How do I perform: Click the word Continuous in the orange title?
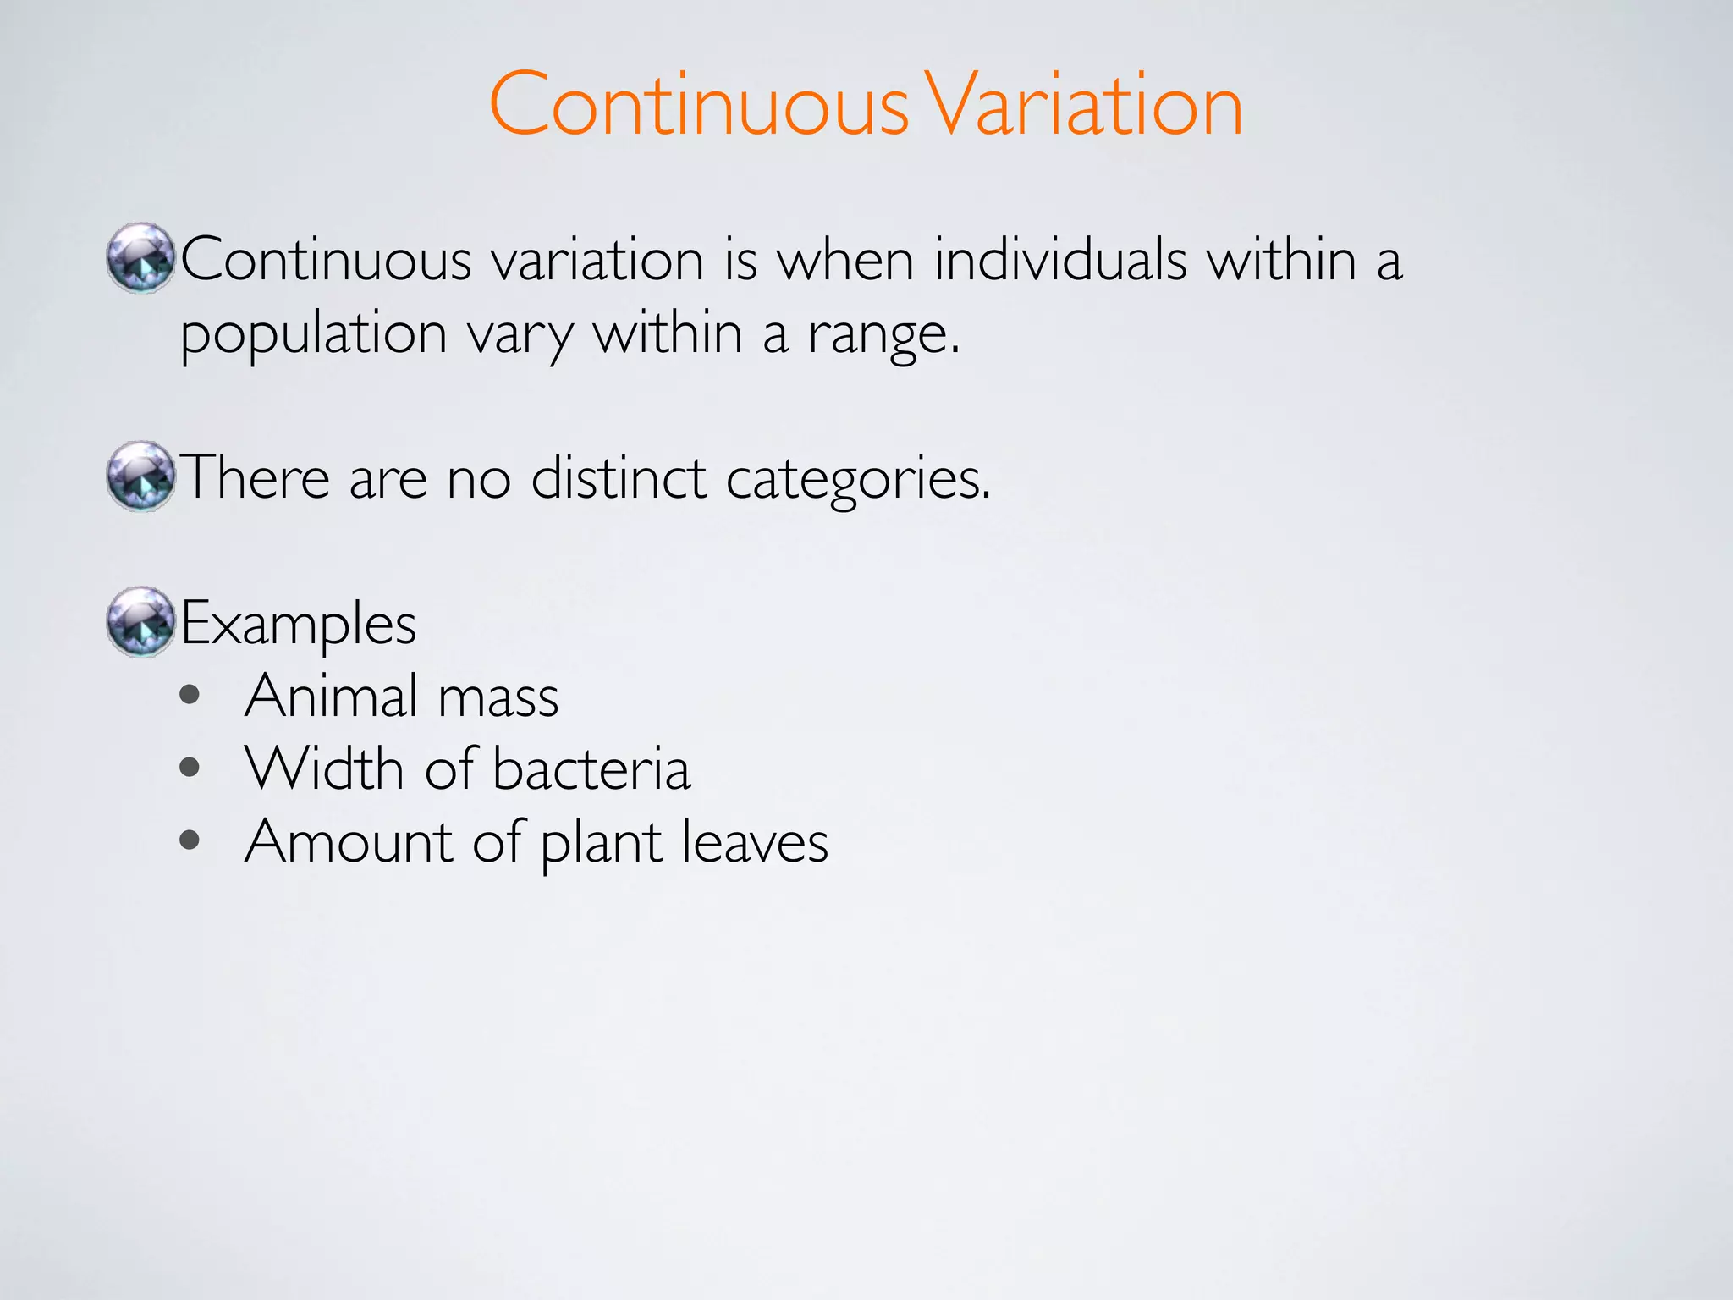pos(699,105)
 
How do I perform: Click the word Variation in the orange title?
pos(1083,105)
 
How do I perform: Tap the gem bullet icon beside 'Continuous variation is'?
pos(140,258)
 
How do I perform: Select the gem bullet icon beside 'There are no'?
pos(140,476)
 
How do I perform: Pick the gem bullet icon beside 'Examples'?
pos(140,622)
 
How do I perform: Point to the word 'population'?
pos(313,335)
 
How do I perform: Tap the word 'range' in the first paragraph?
pos(880,335)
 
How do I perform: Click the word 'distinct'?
pos(619,478)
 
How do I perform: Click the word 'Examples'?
pos(298,625)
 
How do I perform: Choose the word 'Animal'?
pos(331,696)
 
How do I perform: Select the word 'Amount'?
pos(349,841)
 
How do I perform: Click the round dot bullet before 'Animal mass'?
pos(190,696)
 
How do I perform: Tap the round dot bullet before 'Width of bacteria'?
pos(190,768)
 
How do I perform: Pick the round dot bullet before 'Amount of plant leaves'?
pos(190,841)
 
